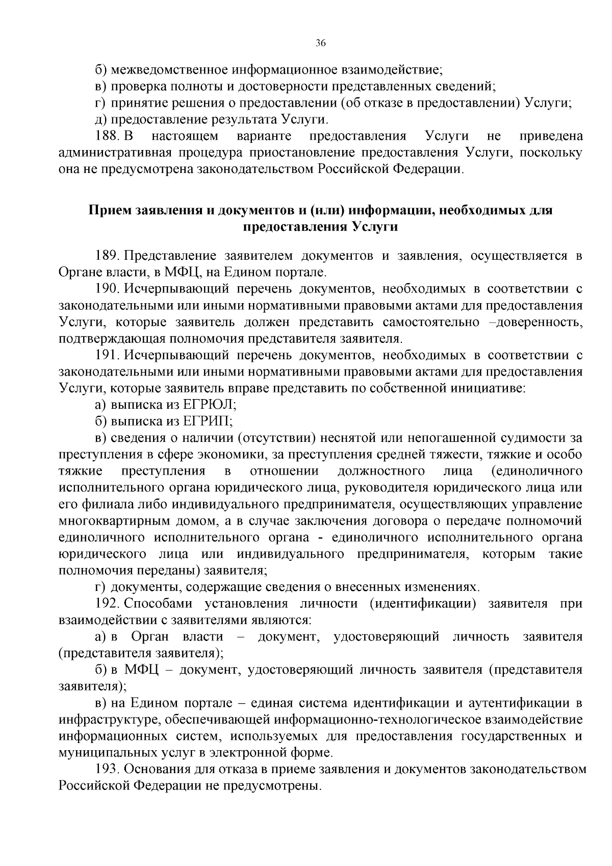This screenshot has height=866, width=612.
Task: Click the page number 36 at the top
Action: pyautogui.click(x=320, y=43)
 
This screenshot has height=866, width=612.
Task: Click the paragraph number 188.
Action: pyautogui.click(x=106, y=136)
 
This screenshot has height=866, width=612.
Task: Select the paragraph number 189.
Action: pyautogui.click(x=106, y=255)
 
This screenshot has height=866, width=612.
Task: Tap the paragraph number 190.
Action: pyautogui.click(x=106, y=289)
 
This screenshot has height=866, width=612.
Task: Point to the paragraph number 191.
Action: pyautogui.click(x=106, y=355)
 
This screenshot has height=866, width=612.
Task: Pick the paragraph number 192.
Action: pyautogui.click(x=106, y=604)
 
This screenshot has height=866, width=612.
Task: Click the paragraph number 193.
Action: pyautogui.click(x=106, y=769)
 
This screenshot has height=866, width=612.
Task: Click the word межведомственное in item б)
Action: pyautogui.click(x=168, y=69)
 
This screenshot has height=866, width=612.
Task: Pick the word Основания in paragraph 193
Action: pyautogui.click(x=155, y=769)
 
